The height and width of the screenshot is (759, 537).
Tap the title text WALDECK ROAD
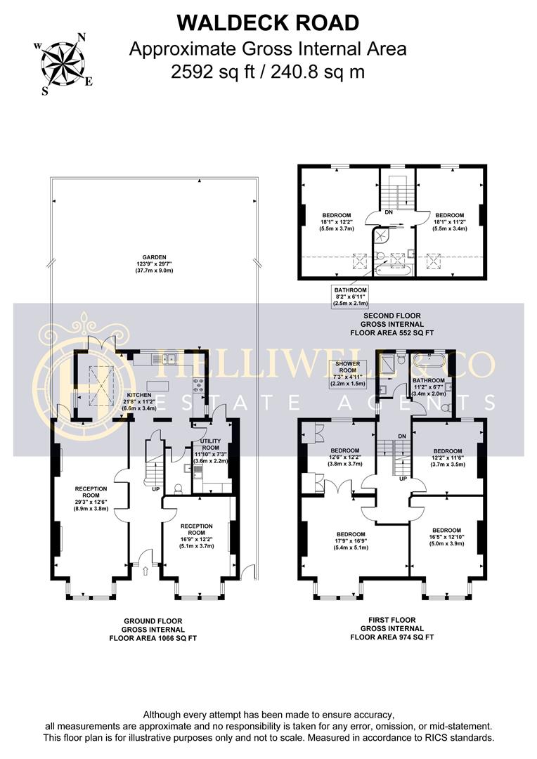[x=268, y=23]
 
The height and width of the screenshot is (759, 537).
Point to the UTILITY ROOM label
[x=211, y=450]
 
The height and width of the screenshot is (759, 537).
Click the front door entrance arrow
[x=145, y=567]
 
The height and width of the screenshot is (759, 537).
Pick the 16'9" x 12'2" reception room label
[x=196, y=536]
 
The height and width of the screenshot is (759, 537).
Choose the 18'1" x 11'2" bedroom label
[x=449, y=221]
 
